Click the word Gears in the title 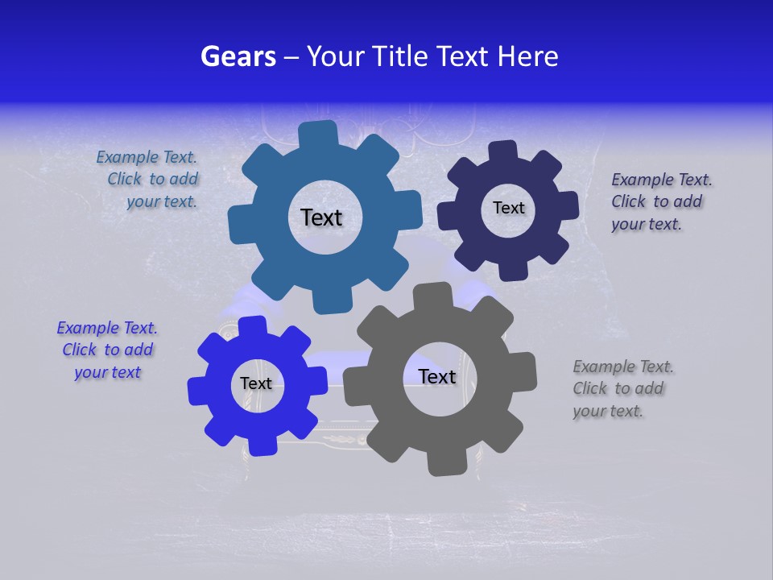(x=238, y=56)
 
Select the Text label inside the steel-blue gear (x=321, y=217)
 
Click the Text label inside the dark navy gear (x=508, y=208)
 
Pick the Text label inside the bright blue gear (x=256, y=384)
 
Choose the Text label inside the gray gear (x=437, y=377)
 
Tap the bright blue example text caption (x=107, y=350)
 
